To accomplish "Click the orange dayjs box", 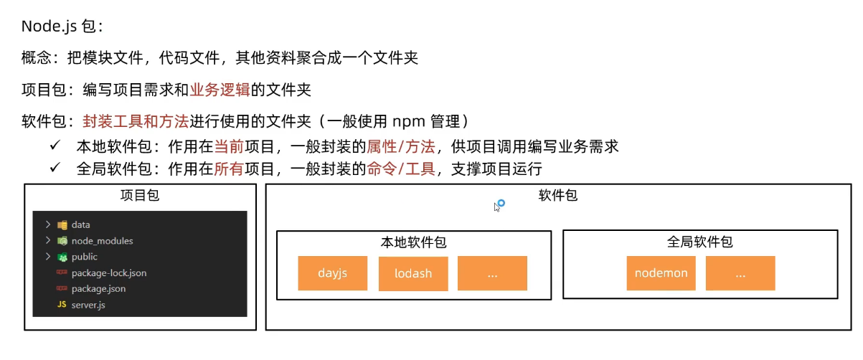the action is [x=332, y=273].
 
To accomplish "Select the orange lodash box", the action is [x=412, y=273].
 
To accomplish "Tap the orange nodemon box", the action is [x=661, y=273].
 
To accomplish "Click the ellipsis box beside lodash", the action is [x=492, y=273].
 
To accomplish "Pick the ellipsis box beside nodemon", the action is [x=740, y=273].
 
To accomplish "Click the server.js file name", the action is [x=88, y=305].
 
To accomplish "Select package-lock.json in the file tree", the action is [x=109, y=273].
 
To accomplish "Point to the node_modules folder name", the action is [x=102, y=241].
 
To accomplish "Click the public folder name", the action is [x=84, y=257].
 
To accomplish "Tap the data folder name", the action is [x=80, y=224].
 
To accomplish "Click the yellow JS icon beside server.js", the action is [x=62, y=305].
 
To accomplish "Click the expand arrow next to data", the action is [x=47, y=224].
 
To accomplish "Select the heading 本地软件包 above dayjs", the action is [x=413, y=242].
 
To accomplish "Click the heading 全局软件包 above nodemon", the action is [x=699, y=242].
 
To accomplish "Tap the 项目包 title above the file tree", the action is [x=140, y=196].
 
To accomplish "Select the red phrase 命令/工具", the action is [x=400, y=170].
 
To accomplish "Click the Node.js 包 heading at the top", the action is [x=62, y=27].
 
